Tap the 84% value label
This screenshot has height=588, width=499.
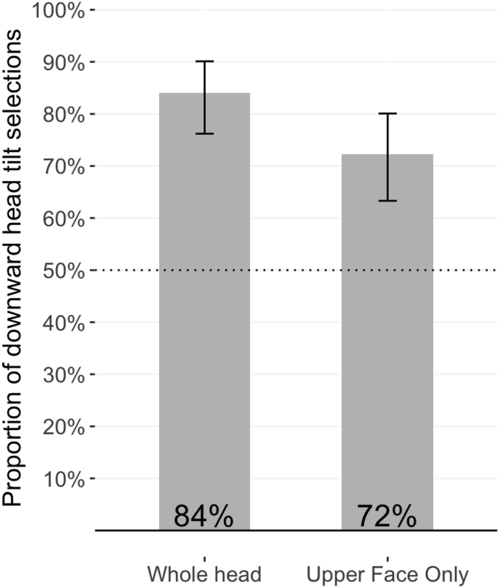click(x=204, y=516)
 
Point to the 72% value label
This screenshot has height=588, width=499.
click(x=387, y=516)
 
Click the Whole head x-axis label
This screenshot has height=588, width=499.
click(x=204, y=575)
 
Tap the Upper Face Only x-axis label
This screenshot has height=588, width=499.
click(x=387, y=575)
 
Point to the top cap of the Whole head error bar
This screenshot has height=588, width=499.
click(x=204, y=61)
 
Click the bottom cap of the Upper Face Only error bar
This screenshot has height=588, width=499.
click(x=387, y=201)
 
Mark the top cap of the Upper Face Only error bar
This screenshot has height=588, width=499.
click(x=387, y=113)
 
